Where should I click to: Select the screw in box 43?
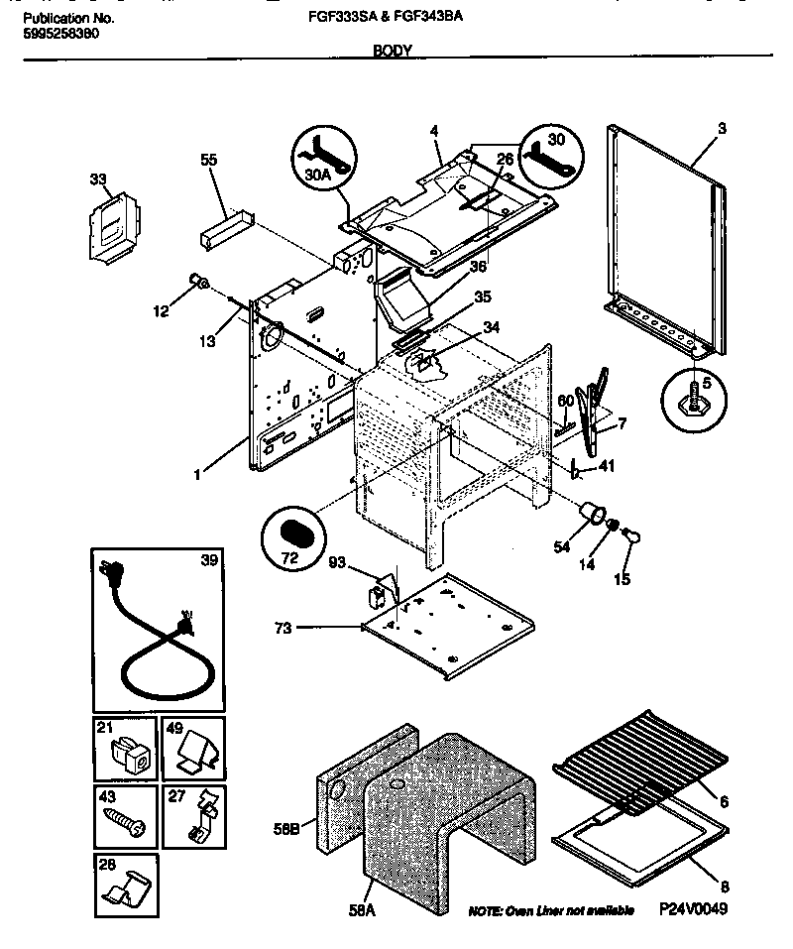(x=126, y=820)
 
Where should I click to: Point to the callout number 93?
(x=339, y=563)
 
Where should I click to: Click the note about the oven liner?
(x=551, y=910)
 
